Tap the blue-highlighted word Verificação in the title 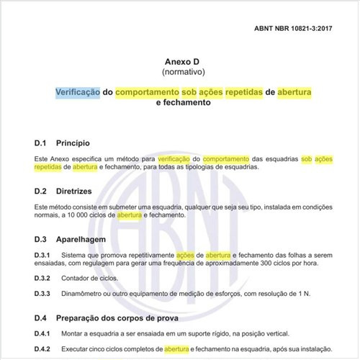tap(78, 92)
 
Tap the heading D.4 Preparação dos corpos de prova tap(117, 318)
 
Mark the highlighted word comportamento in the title tap(148, 92)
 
